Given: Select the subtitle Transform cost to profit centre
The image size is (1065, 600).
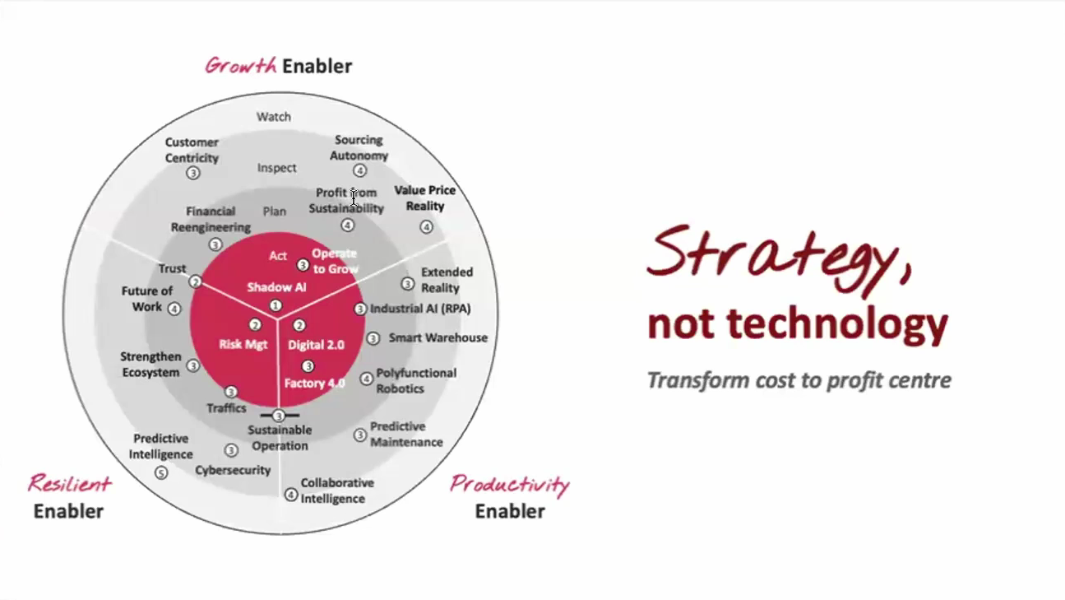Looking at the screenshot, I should [x=799, y=380].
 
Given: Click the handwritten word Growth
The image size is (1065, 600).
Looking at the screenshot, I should [x=240, y=66].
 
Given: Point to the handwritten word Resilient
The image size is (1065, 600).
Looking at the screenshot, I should [x=69, y=483].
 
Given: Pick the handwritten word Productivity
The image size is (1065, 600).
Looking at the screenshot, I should [x=509, y=484].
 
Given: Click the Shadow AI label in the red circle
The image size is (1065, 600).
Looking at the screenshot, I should [x=276, y=287].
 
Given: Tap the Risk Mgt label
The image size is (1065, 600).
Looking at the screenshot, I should [x=243, y=344].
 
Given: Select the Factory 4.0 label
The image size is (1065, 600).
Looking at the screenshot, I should [x=314, y=383].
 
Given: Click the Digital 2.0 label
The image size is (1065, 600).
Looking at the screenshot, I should [x=316, y=345].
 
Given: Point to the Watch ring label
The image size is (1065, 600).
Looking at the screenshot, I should [x=274, y=117].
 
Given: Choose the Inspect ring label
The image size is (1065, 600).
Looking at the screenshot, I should [x=276, y=168].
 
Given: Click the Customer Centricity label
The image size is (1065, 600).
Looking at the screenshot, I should [x=192, y=150].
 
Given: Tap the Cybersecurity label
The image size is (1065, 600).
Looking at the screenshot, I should [x=233, y=470].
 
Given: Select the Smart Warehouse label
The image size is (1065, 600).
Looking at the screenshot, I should [x=438, y=337].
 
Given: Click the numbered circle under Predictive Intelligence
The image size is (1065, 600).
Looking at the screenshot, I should [x=161, y=472].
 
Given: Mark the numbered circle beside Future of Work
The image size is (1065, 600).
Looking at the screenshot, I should [x=174, y=309].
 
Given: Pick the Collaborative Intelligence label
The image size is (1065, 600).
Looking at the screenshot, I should [x=336, y=491].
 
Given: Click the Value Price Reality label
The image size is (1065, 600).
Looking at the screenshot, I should [x=424, y=198].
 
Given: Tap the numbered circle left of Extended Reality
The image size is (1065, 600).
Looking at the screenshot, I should [x=407, y=283].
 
